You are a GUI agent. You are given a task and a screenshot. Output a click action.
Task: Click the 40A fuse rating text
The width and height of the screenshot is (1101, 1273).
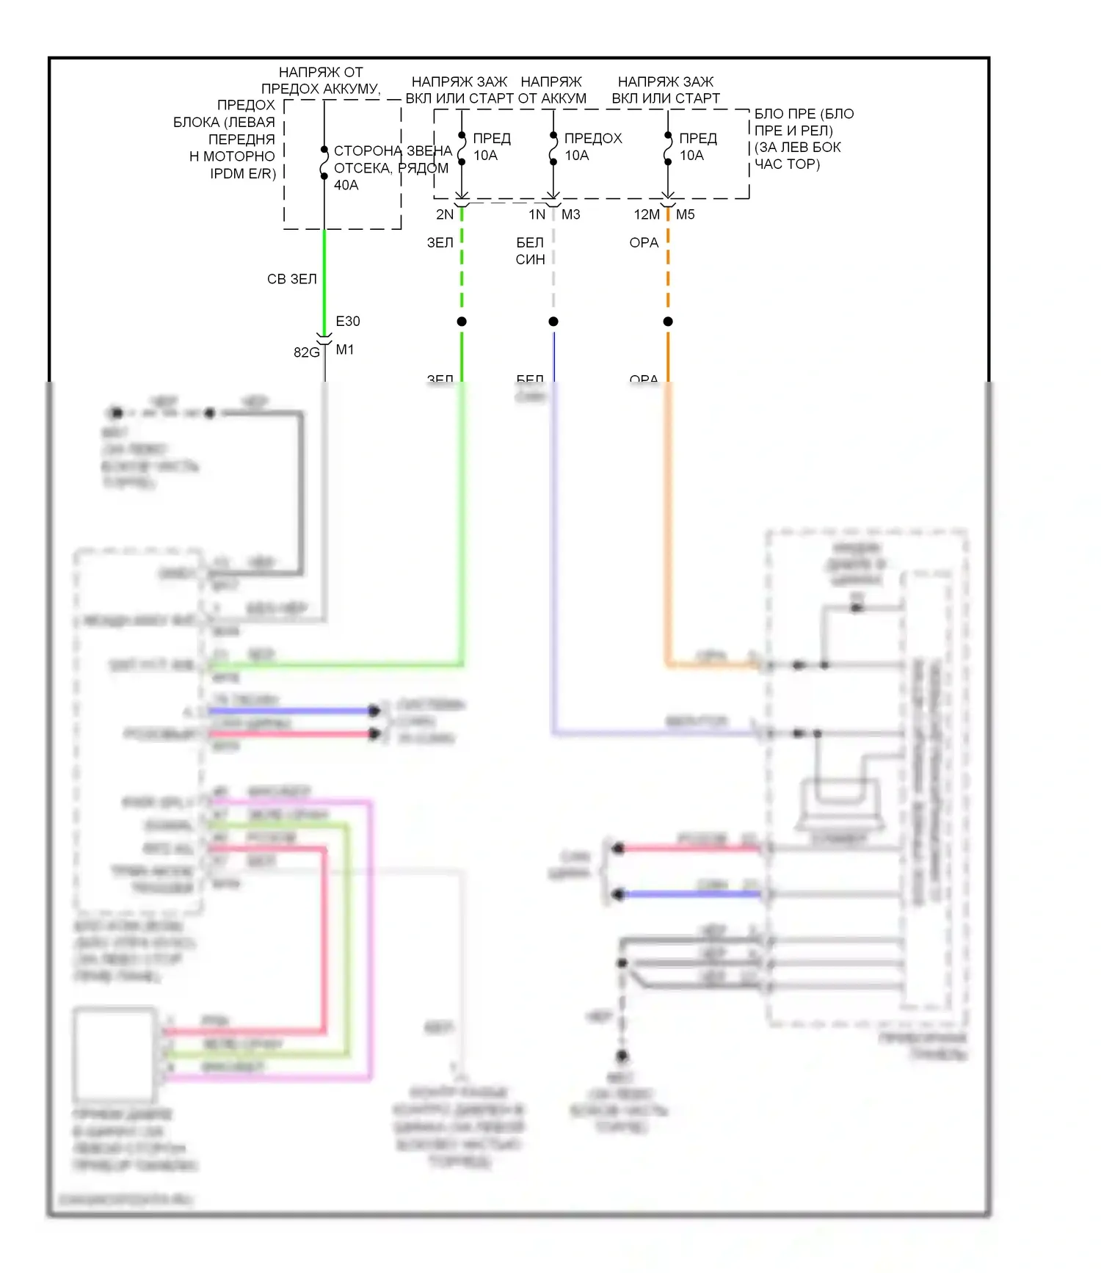346,186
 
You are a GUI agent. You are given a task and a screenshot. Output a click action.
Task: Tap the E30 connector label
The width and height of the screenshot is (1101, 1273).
348,322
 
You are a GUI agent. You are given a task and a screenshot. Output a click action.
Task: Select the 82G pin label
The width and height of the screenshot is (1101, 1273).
306,352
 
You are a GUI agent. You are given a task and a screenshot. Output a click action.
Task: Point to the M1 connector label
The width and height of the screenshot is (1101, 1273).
345,350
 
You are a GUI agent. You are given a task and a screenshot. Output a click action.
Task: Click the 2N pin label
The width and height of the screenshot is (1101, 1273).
445,215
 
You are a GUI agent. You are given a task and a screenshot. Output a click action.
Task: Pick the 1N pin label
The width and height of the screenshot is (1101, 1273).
537,215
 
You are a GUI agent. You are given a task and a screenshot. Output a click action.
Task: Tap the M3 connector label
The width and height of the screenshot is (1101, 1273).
571,215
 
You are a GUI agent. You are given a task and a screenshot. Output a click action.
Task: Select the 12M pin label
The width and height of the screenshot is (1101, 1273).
647,215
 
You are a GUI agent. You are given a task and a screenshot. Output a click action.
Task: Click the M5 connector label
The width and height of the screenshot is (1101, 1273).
686,215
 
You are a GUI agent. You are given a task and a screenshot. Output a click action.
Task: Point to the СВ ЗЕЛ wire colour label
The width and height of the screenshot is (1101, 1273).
292,280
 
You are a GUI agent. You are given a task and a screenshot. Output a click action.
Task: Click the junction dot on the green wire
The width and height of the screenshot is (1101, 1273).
462,322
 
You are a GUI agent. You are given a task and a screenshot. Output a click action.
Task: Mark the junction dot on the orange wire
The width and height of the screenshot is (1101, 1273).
668,322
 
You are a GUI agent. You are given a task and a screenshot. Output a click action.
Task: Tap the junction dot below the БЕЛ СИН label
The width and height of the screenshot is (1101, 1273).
553,322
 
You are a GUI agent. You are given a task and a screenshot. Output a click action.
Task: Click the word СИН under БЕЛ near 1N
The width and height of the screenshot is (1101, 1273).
530,260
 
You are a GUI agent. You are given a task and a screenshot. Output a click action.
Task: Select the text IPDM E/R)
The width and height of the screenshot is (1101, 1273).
243,174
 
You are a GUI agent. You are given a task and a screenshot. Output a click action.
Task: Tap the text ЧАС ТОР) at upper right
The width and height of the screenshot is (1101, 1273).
787,164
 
